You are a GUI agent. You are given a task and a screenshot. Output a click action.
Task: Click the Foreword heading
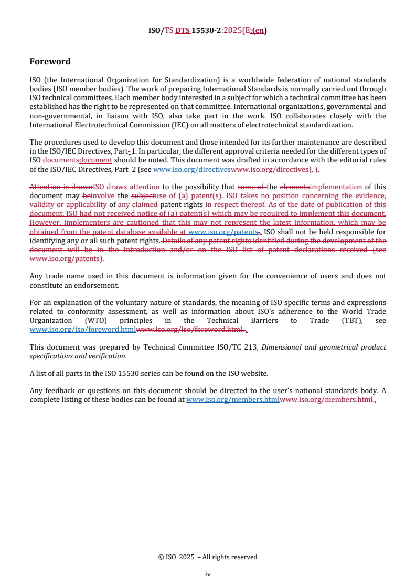(50, 61)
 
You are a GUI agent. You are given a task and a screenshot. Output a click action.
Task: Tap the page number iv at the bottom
(208, 574)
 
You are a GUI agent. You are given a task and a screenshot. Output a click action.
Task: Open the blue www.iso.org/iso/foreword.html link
(82, 330)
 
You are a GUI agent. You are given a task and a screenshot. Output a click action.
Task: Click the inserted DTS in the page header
(182, 30)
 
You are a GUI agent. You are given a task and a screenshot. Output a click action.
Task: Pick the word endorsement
(98, 285)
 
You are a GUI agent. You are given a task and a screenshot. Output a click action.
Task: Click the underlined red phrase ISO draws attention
(126, 187)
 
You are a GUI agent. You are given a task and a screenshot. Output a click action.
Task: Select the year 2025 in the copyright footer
(186, 557)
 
